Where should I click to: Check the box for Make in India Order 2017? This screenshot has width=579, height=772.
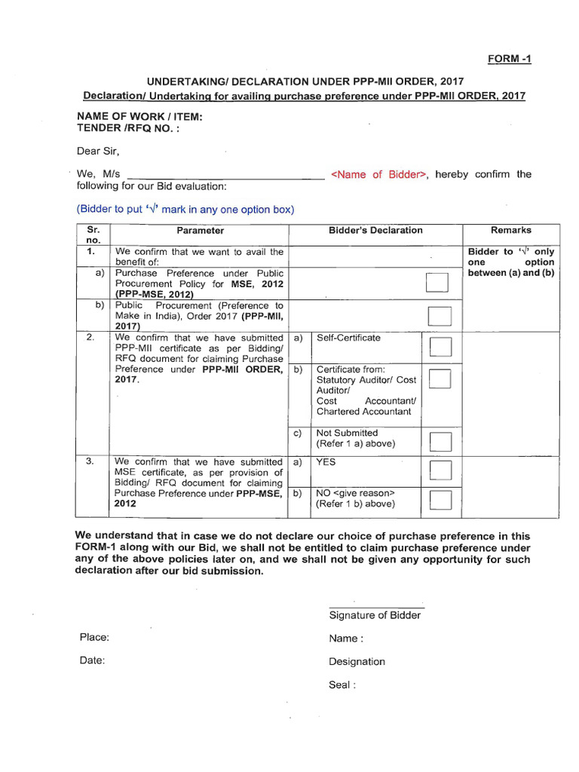(440, 317)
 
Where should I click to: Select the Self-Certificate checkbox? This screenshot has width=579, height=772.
(440, 348)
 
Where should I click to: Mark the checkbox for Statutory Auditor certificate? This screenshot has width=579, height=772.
(440, 378)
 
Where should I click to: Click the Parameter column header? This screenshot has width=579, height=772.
(201, 231)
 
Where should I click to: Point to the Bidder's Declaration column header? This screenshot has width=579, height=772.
(375, 231)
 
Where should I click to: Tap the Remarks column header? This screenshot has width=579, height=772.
(510, 231)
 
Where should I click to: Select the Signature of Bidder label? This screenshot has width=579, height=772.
(375, 615)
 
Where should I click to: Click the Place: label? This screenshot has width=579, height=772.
(94, 637)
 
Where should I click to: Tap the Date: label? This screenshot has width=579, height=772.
(92, 660)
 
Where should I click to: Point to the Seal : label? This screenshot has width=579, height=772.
(342, 685)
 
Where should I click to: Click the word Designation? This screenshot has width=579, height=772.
(357, 662)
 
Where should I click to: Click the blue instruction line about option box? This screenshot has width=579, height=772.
(185, 210)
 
